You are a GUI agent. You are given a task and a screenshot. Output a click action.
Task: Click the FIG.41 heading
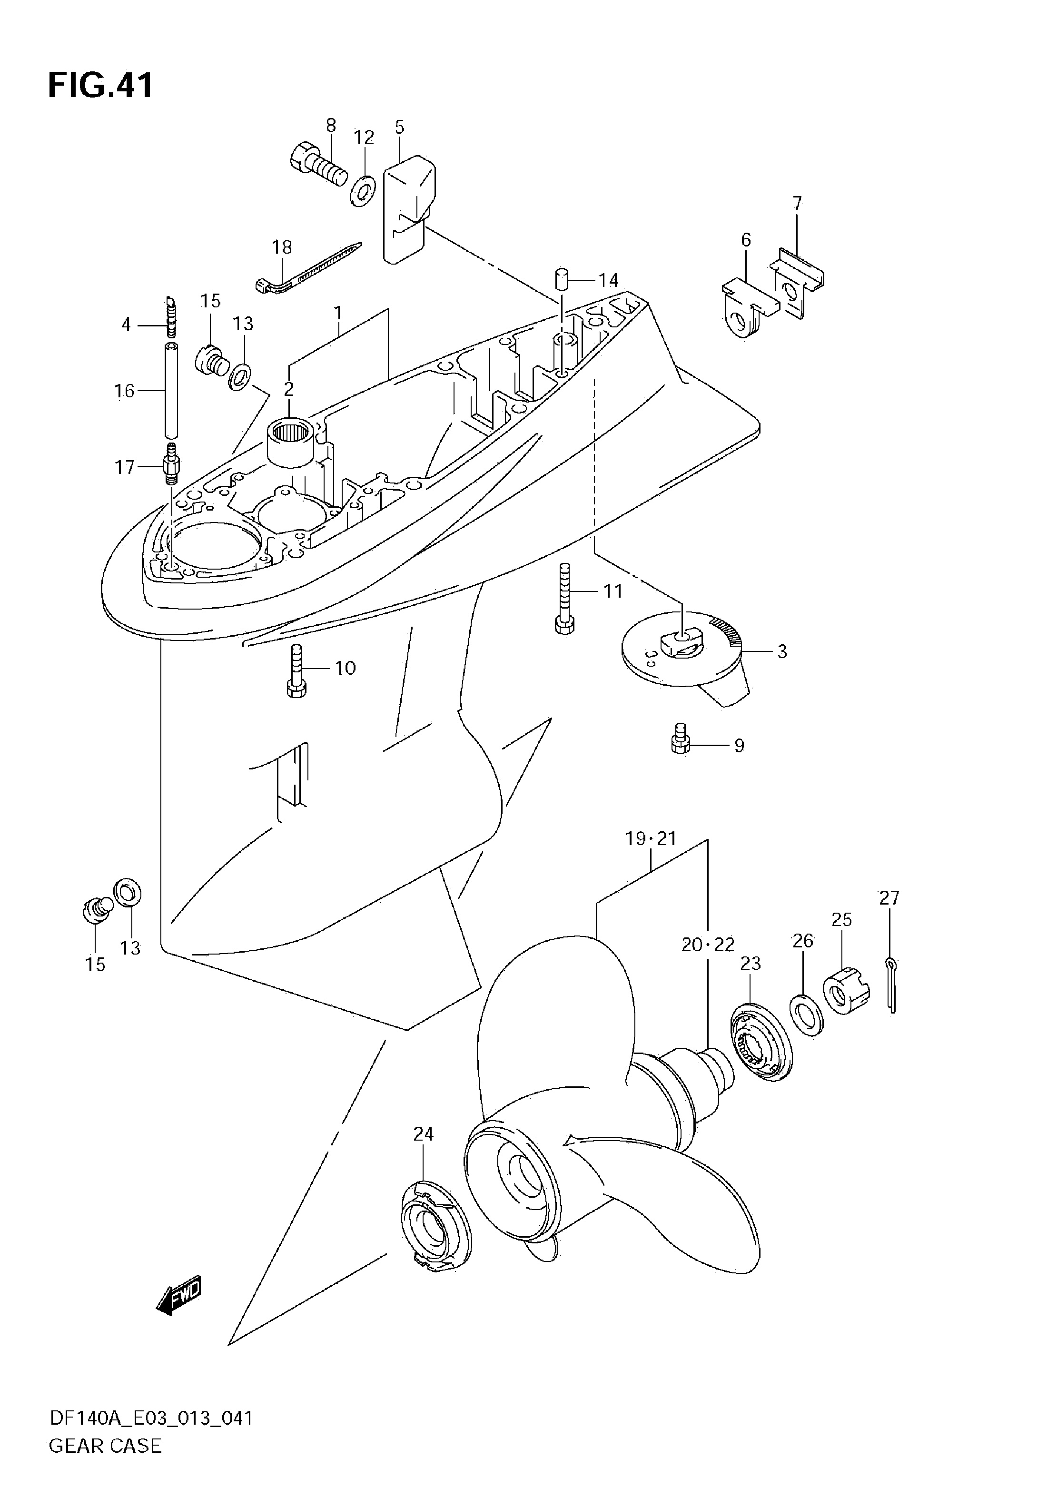(x=100, y=85)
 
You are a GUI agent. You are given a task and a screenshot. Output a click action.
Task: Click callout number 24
(x=423, y=1134)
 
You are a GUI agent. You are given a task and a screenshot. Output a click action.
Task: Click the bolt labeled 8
(x=317, y=166)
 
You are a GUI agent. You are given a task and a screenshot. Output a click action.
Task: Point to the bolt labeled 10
(x=296, y=671)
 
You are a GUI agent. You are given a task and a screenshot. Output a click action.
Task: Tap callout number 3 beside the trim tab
(x=782, y=651)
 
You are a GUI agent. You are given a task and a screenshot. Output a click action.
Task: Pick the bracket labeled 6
(x=750, y=306)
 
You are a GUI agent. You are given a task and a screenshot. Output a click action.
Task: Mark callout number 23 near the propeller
(x=751, y=964)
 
